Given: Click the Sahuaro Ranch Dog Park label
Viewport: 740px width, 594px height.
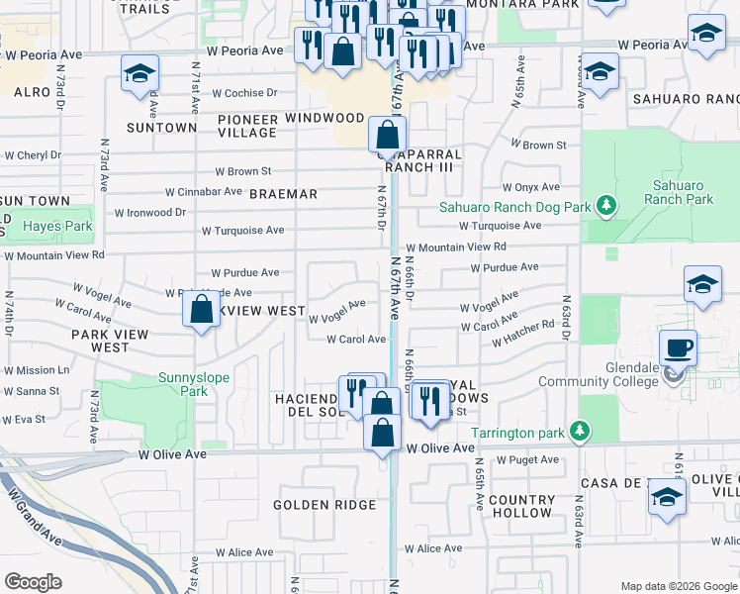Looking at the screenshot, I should [x=514, y=207].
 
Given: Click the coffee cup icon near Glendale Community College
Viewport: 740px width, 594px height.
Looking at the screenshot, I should [x=678, y=348].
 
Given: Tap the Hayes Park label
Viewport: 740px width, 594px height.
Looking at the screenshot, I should [x=57, y=227].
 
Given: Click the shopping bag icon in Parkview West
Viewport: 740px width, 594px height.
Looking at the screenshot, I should [x=201, y=309].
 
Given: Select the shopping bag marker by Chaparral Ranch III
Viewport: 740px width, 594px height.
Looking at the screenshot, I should [x=388, y=134].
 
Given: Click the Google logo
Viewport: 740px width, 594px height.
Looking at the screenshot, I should [x=33, y=581].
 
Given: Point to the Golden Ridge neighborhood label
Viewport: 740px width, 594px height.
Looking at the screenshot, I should [x=325, y=505].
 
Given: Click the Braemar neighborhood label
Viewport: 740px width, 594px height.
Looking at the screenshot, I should [x=283, y=194].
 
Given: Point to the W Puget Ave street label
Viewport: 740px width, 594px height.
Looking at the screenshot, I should [x=527, y=460].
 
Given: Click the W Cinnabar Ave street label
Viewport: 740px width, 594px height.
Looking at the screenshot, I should [x=203, y=191].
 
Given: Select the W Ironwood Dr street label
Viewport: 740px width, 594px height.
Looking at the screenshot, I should [x=150, y=212].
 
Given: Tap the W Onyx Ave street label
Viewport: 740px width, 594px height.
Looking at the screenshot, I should [x=530, y=187].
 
